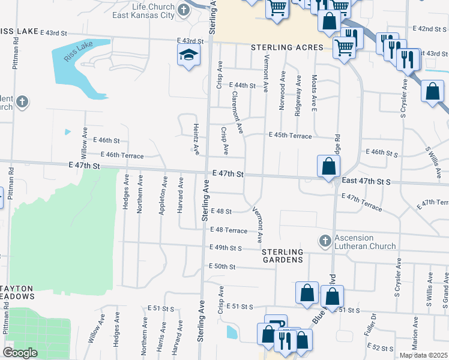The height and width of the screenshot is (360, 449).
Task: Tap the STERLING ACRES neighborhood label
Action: click(x=287, y=47)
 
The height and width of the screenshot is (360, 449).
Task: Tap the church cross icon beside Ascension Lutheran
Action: click(x=325, y=241)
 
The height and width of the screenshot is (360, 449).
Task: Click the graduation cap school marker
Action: click(x=188, y=56)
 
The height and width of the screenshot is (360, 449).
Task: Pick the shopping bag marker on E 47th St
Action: click(x=328, y=166)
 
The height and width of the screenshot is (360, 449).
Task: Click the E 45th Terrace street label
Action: click(x=290, y=136)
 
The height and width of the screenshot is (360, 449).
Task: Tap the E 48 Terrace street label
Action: click(x=228, y=230)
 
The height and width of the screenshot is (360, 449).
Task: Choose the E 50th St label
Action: click(x=221, y=266)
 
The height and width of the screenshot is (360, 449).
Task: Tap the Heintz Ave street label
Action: click(x=196, y=137)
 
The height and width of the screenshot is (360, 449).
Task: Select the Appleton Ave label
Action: click(x=162, y=195)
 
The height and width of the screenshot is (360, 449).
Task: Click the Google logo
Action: click(x=19, y=353)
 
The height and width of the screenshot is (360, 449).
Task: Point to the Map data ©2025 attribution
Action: click(x=423, y=355)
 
